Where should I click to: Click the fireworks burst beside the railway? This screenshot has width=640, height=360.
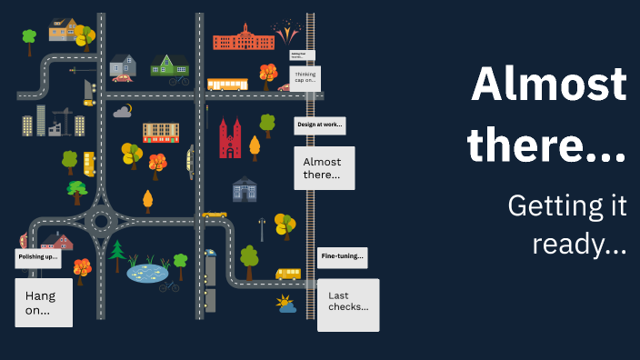tap(287, 35)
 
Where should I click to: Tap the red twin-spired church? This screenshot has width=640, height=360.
tap(230, 140)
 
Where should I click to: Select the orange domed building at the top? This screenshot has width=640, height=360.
tap(243, 37)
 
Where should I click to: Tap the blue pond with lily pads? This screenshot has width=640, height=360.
tap(147, 271)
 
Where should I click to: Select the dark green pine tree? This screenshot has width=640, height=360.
tap(117, 255)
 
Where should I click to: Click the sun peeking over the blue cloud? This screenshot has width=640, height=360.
tap(285, 303)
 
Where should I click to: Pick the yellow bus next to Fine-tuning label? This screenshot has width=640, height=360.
tap(288, 273)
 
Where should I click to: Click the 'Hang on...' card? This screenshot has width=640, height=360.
tap(44, 303)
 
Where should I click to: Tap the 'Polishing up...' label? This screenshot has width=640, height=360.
tap(38, 258)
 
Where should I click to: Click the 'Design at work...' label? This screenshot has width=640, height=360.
tap(319, 125)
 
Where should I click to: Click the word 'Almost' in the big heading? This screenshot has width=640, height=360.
tap(549, 86)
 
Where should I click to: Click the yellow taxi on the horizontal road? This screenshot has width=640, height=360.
tap(215, 215)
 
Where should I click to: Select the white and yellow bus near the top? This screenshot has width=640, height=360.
tap(226, 85)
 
